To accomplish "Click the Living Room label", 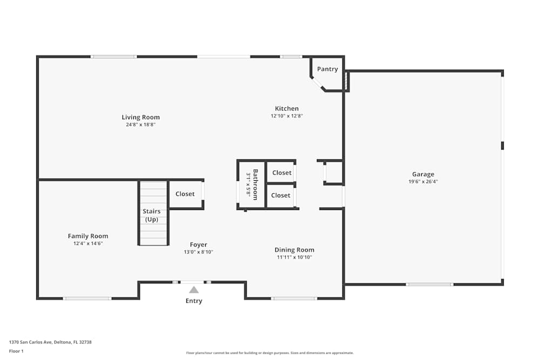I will (x=140, y=117).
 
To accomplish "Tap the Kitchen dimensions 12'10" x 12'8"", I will (x=287, y=116).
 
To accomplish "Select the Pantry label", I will (x=327, y=69).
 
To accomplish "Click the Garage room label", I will (x=423, y=174).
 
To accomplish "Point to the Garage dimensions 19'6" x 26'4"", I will (x=423, y=182).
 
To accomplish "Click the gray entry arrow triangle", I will (x=194, y=290).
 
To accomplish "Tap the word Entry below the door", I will (x=194, y=301).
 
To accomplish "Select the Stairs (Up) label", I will (x=152, y=215).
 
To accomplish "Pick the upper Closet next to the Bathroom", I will (x=281, y=173).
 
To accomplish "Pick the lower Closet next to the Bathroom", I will (x=281, y=195).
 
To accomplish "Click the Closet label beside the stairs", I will (x=185, y=194).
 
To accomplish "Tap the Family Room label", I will (x=88, y=236).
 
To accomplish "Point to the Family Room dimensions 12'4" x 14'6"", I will (x=88, y=243).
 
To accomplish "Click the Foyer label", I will (x=198, y=244).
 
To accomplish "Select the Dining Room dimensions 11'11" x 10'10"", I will (x=294, y=257).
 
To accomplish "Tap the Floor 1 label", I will (x=16, y=351).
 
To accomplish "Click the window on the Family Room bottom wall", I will (x=87, y=298).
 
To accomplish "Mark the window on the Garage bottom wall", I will (x=429, y=284).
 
